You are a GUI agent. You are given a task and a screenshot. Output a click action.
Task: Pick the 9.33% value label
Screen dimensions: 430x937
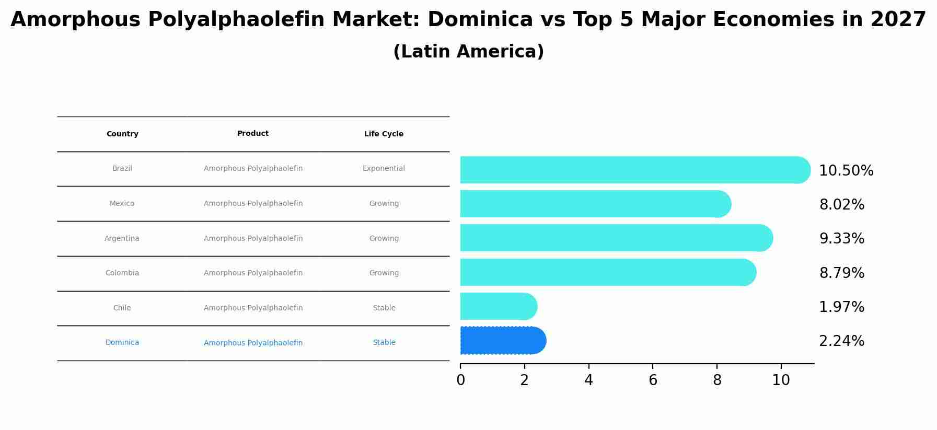(841, 239)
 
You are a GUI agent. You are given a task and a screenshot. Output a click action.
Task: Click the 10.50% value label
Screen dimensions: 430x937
(846, 171)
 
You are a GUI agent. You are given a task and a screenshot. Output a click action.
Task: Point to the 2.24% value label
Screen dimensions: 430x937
(841, 341)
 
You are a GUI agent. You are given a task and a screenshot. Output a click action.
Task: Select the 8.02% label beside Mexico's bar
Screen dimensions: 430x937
(841, 205)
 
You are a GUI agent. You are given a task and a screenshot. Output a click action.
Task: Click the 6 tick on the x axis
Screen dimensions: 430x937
(653, 380)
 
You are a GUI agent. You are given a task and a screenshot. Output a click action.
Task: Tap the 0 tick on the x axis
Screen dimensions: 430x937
(460, 380)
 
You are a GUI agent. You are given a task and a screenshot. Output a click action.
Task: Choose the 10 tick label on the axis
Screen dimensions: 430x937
(781, 380)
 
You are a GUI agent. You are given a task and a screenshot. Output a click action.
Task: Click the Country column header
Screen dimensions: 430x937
(122, 134)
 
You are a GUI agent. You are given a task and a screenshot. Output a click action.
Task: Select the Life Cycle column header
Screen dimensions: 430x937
(384, 134)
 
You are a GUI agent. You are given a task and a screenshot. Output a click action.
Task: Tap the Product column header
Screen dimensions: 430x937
(253, 134)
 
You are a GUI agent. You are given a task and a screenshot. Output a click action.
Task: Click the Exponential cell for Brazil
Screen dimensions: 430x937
(384, 169)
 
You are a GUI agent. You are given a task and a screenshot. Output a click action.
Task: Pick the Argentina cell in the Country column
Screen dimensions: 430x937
(122, 239)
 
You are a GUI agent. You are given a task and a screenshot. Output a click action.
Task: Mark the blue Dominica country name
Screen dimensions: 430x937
(122, 343)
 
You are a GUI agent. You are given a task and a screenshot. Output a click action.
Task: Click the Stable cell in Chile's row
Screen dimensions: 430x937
(384, 308)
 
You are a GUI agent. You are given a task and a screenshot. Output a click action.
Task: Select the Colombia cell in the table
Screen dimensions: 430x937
(122, 273)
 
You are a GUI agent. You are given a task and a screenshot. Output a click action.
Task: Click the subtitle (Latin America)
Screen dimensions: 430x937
(468, 52)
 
